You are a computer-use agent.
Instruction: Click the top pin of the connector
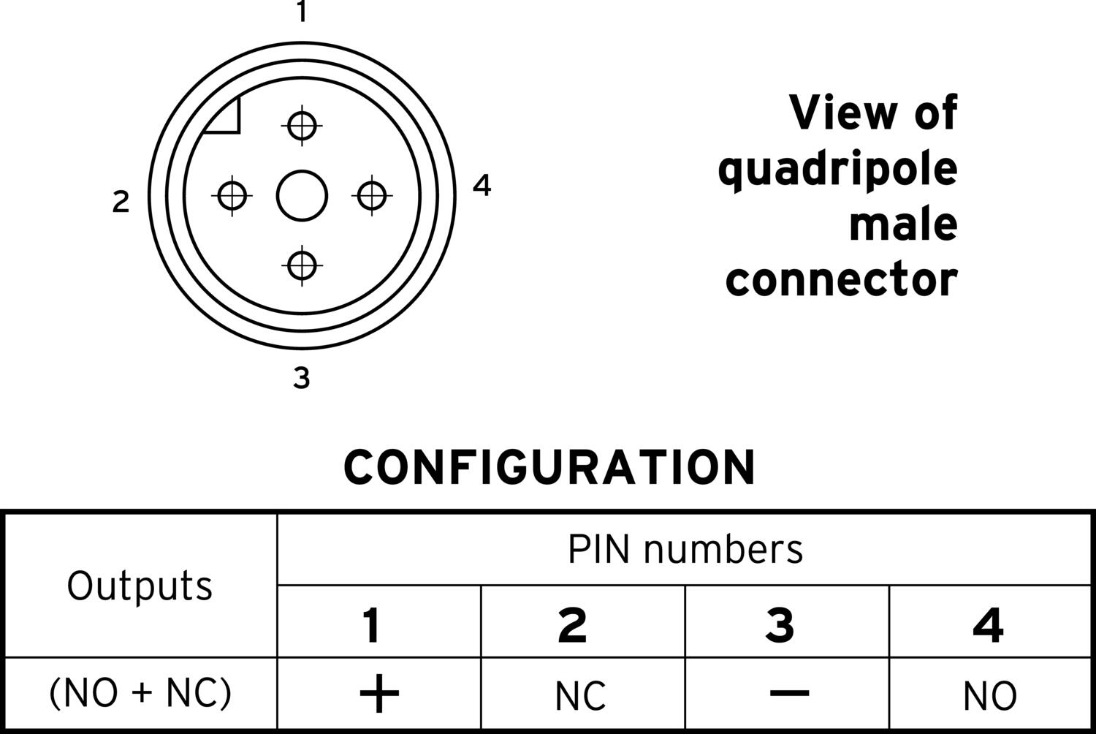(302, 125)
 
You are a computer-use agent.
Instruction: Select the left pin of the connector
(232, 196)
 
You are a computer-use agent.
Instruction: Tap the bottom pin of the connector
(302, 266)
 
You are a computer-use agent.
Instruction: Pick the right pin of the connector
(372, 196)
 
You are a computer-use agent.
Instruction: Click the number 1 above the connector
(302, 11)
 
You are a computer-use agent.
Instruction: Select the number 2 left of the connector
(121, 202)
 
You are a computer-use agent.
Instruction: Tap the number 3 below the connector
(301, 378)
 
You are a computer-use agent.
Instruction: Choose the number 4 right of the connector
(482, 185)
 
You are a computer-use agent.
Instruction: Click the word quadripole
(837, 171)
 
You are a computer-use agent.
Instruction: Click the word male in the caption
(903, 224)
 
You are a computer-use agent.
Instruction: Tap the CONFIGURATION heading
(549, 468)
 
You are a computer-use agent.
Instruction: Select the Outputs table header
(140, 586)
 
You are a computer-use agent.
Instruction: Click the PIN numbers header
(685, 549)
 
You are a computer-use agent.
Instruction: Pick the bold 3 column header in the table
(780, 625)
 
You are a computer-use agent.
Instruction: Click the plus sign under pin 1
(379, 693)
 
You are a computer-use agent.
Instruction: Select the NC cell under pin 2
(580, 696)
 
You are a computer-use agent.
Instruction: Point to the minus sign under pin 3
(789, 693)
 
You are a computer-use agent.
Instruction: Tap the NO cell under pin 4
(990, 696)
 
